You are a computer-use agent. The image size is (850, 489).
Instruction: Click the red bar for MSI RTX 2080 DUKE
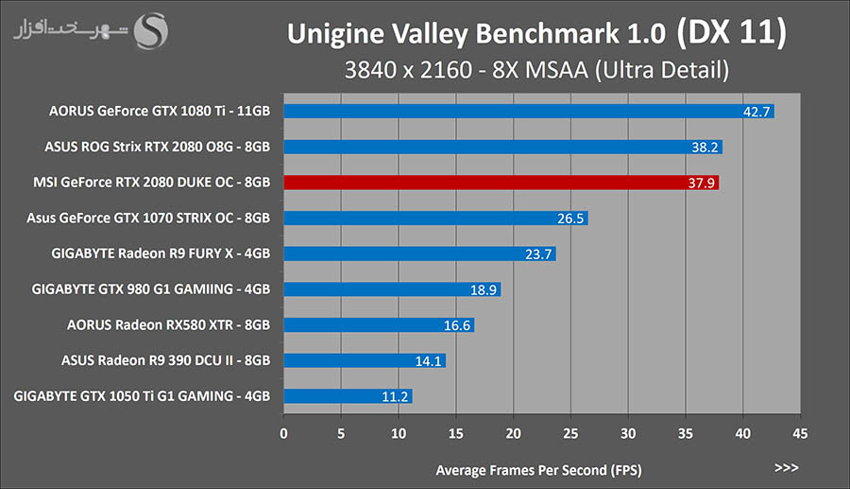[501, 183]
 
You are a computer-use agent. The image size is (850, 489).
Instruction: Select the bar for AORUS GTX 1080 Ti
[529, 112]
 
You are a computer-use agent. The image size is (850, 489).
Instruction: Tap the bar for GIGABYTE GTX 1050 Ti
[348, 396]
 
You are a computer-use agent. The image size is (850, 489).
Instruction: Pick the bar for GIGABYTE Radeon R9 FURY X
[419, 253]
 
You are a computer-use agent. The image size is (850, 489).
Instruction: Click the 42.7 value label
[757, 112]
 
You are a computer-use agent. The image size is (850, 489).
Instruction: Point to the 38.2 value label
[706, 148]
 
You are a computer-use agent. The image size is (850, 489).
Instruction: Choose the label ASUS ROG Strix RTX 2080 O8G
[157, 147]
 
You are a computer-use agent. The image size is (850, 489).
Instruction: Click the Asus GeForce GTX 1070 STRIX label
[149, 218]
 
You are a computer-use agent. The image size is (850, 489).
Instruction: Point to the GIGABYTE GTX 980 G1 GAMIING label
[151, 289]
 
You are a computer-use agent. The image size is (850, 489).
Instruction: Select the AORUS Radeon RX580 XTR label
[169, 325]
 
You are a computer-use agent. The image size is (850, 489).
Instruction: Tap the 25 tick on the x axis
[570, 434]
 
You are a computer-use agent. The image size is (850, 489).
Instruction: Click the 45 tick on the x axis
[800, 434]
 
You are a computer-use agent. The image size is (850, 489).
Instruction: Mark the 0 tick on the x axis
[284, 434]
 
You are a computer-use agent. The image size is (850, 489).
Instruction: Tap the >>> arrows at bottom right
[786, 467]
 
